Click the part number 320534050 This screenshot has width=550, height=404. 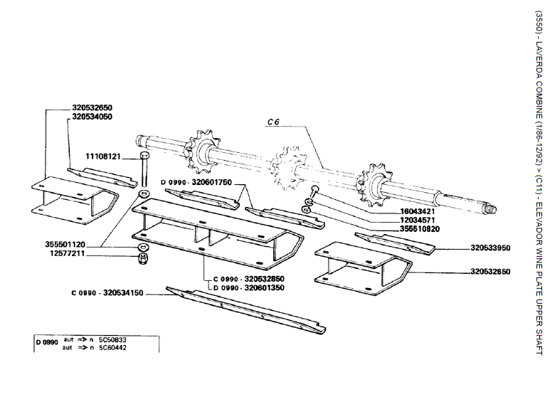(92, 116)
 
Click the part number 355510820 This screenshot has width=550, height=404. (399, 230)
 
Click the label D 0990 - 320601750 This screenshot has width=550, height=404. (196, 182)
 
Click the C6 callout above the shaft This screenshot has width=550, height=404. (274, 122)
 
